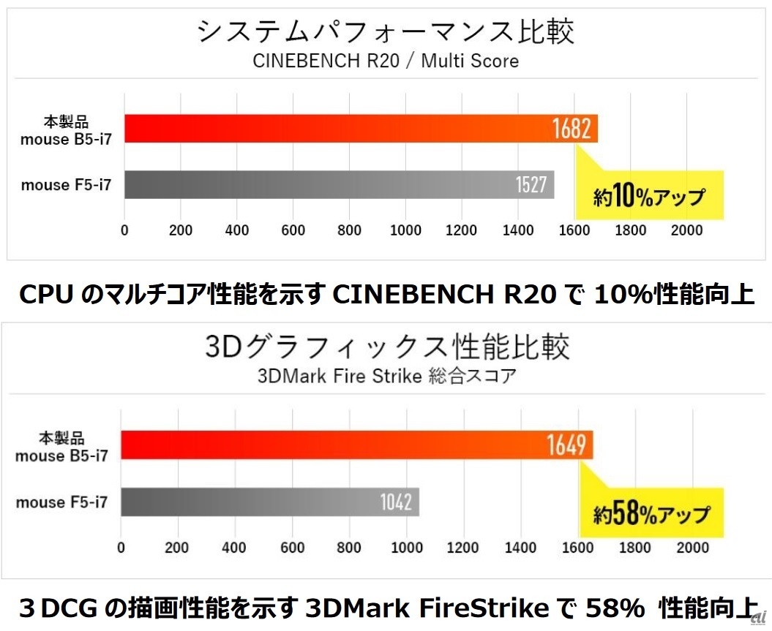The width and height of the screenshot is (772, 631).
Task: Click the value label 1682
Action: tap(571, 129)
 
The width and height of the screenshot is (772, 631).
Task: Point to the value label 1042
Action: tap(396, 502)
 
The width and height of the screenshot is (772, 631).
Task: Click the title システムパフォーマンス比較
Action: tap(386, 32)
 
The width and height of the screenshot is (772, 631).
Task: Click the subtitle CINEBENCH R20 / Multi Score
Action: tap(386, 61)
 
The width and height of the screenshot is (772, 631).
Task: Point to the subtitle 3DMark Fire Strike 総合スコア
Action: tap(386, 377)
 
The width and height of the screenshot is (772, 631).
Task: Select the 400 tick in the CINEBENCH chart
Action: tap(237, 231)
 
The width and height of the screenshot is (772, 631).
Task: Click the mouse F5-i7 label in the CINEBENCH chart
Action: tap(66, 186)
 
